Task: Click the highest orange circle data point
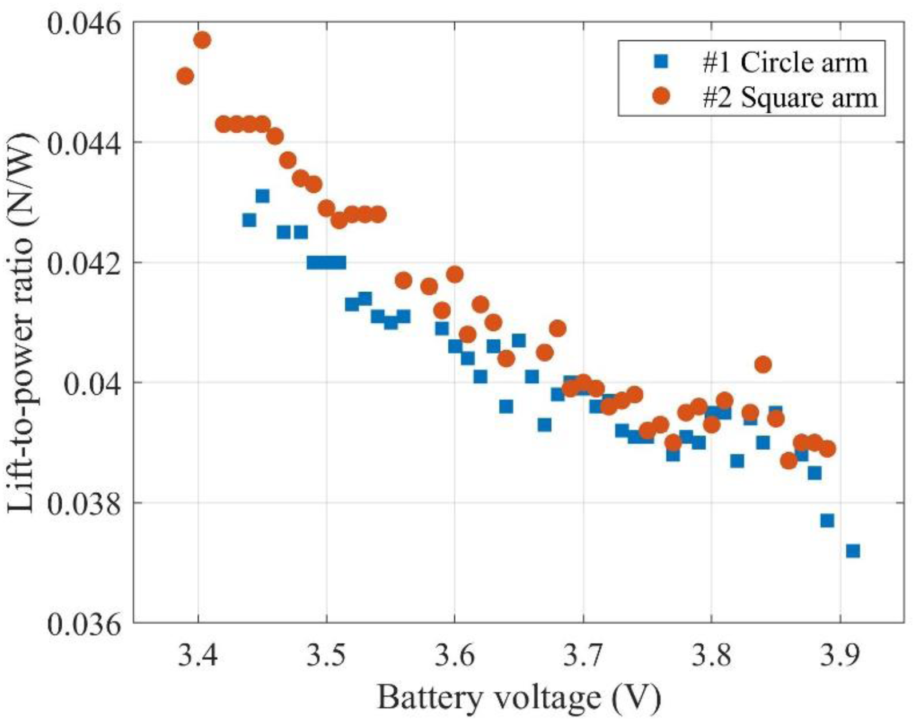202,40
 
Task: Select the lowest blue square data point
853,551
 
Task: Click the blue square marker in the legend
662,63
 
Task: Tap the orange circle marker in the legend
662,97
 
